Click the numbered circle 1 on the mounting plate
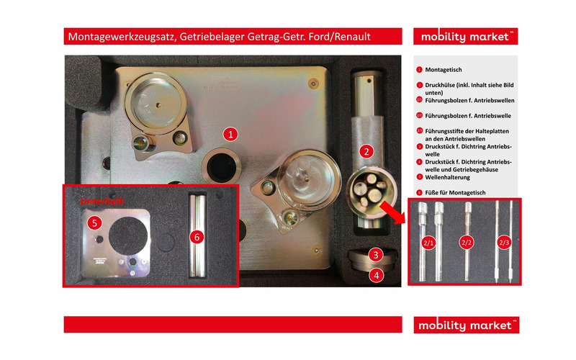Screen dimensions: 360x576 pyautogui.click(x=230, y=133)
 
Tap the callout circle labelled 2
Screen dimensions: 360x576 pyautogui.click(x=366, y=151)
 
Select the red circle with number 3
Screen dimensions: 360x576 pyautogui.click(x=376, y=254)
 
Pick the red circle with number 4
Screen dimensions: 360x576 pyautogui.click(x=376, y=274)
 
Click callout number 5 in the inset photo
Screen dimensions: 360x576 pyautogui.click(x=94, y=223)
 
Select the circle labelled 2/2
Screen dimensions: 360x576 pyautogui.click(x=467, y=243)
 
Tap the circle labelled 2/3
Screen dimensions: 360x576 pyautogui.click(x=503, y=243)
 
